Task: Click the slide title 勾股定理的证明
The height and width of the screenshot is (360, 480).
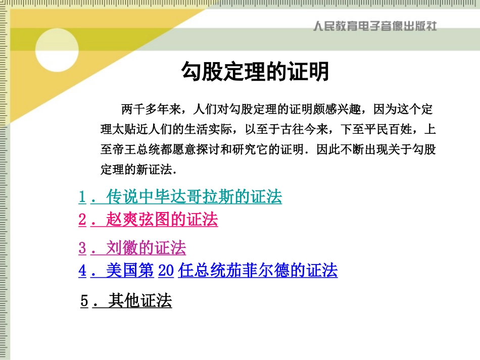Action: tap(255, 72)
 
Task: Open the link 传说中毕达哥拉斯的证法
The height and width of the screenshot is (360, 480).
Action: tap(194, 197)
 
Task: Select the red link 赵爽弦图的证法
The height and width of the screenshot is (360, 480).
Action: tap(162, 220)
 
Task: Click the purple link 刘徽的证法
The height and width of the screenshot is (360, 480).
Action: tap(146, 248)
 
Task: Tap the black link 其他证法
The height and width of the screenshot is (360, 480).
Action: tap(140, 301)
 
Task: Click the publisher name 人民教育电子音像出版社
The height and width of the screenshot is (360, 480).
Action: tap(374, 25)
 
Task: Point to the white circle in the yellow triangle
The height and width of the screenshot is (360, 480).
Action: tap(57, 49)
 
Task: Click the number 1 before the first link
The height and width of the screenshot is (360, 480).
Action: tap(82, 197)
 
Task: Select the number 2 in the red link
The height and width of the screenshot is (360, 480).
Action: tap(82, 220)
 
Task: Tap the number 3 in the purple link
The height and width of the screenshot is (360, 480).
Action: tap(82, 248)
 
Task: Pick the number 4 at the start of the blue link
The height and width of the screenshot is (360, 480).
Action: tap(82, 271)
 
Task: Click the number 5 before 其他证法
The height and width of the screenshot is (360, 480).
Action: tap(84, 301)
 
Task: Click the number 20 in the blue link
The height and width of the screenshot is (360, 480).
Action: tap(166, 271)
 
